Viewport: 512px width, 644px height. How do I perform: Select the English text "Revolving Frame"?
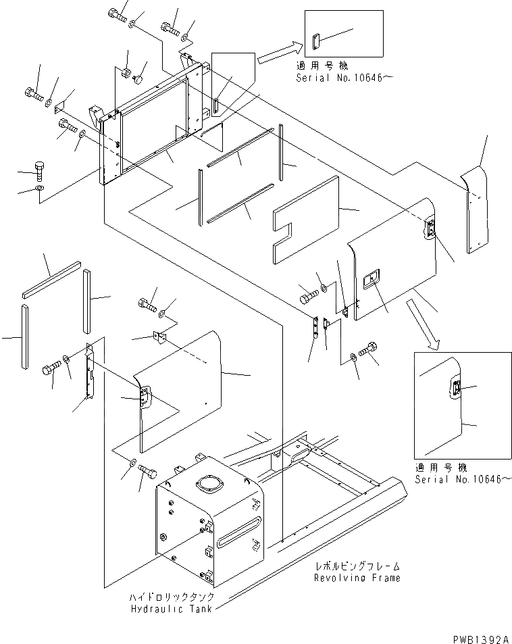pos(357,578)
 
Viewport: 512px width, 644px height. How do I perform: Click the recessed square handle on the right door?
pos(370,280)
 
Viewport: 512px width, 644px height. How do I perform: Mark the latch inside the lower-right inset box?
pos(457,390)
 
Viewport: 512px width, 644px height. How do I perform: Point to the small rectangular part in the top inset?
pos(315,42)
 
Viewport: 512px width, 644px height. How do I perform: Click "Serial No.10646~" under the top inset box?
pos(344,78)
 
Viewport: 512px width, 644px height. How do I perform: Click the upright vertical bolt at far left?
pos(40,169)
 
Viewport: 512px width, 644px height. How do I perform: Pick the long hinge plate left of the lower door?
pos(88,374)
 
